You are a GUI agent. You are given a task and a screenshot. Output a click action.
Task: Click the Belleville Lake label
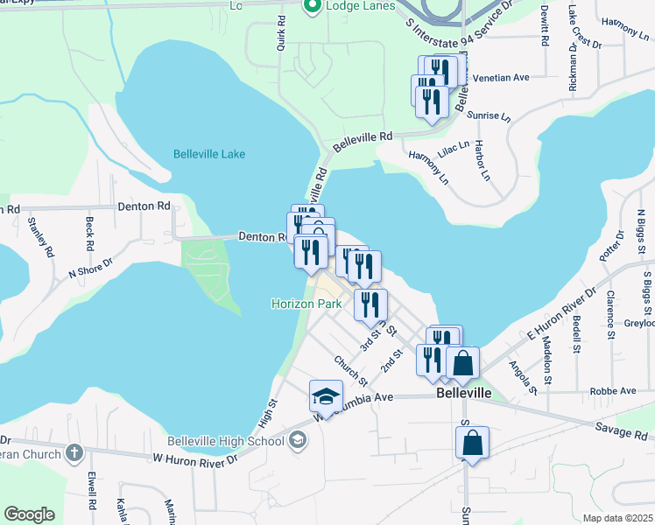[209, 154]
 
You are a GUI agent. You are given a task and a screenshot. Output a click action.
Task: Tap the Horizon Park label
[306, 304]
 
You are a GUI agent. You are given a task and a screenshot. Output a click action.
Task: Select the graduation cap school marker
[326, 398]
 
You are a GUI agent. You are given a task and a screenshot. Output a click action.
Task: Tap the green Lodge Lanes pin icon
[311, 7]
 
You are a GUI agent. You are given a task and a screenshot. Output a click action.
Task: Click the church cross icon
[74, 453]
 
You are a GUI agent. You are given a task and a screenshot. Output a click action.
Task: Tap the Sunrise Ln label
[490, 115]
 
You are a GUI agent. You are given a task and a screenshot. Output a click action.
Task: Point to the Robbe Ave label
[613, 390]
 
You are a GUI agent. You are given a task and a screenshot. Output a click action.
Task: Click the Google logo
[30, 514]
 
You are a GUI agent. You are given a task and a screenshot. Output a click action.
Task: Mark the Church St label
[349, 370]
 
